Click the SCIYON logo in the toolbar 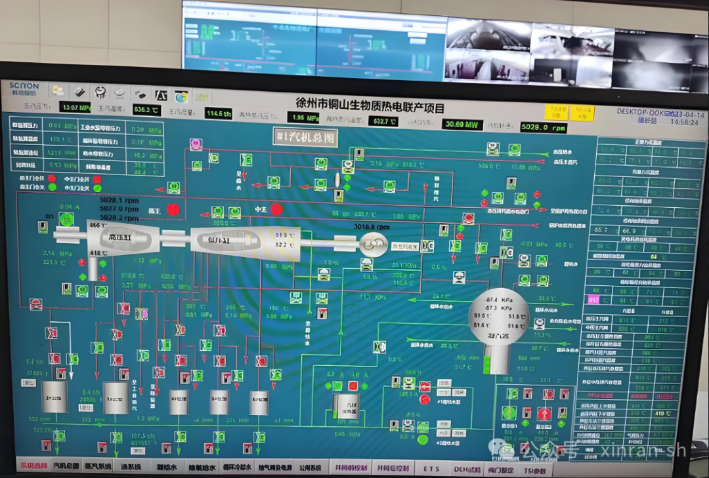[x=24, y=89]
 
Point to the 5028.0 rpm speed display [x=542, y=127]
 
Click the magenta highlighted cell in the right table [x=593, y=300]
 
